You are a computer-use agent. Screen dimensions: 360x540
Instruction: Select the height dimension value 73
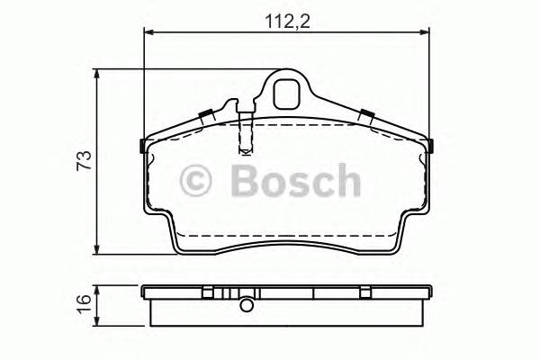(x=84, y=161)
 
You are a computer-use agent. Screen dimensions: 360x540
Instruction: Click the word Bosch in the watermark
(x=294, y=180)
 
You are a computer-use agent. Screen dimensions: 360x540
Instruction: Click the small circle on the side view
(x=245, y=305)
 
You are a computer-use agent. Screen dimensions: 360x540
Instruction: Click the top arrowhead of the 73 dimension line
(x=98, y=74)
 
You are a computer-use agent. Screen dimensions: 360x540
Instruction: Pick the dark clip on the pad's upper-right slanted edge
(x=367, y=114)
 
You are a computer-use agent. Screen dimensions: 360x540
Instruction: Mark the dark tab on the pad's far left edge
(x=144, y=147)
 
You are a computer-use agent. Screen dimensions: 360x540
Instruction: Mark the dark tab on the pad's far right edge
(x=431, y=147)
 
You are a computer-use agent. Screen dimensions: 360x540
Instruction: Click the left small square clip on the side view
(x=208, y=292)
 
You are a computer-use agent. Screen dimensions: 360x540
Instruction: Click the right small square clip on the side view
(x=366, y=292)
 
